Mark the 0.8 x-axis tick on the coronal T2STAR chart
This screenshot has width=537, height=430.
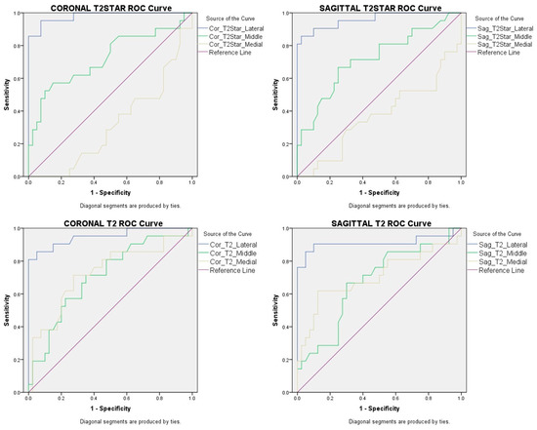point(159,182)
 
